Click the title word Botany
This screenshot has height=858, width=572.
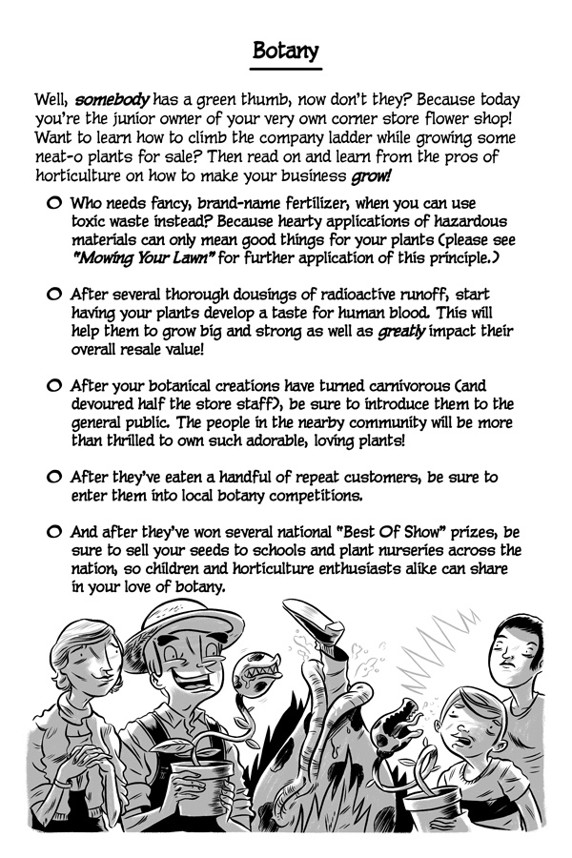(286, 51)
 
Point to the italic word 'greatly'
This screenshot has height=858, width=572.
(405, 332)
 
